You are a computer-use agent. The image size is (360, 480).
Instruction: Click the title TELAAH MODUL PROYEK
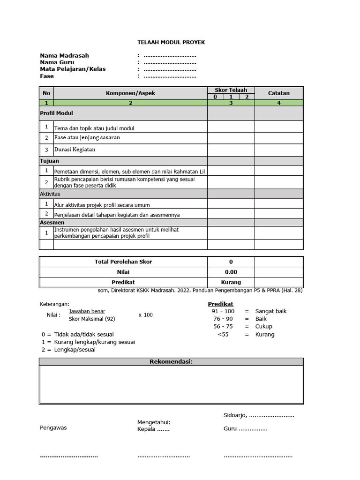pyautogui.click(x=171, y=42)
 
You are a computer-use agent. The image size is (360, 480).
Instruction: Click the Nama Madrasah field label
pyautogui.click(x=64, y=56)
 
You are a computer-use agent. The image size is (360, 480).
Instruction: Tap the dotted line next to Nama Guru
pyautogui.click(x=170, y=63)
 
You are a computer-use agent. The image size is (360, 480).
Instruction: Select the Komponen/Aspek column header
pyautogui.click(x=130, y=93)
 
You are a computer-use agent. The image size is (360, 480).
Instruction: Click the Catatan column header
pyautogui.click(x=278, y=93)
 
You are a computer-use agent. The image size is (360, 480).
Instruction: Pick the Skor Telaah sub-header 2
pyautogui.click(x=247, y=97)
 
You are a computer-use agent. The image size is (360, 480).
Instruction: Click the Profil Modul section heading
pyautogui.click(x=56, y=113)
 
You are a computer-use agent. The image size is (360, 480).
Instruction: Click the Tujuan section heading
pyautogui.click(x=50, y=161)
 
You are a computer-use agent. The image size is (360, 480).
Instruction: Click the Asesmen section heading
pyautogui.click(x=52, y=222)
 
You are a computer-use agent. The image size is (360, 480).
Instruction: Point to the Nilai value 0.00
pyautogui.click(x=231, y=272)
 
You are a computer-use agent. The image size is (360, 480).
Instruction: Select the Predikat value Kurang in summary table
pyautogui.click(x=231, y=282)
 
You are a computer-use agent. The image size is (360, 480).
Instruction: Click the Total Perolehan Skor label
pyautogui.click(x=123, y=262)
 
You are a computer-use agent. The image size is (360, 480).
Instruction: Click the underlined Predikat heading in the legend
pyautogui.click(x=220, y=304)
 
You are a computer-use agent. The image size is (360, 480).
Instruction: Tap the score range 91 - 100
pyautogui.click(x=223, y=311)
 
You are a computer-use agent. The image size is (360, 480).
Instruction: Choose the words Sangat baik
pyautogui.click(x=271, y=311)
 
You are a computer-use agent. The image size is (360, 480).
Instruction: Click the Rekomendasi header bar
pyautogui.click(x=171, y=362)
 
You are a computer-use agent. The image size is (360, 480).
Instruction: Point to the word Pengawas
pyautogui.click(x=53, y=427)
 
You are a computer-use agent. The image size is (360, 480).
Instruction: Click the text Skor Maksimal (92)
pyautogui.click(x=91, y=319)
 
